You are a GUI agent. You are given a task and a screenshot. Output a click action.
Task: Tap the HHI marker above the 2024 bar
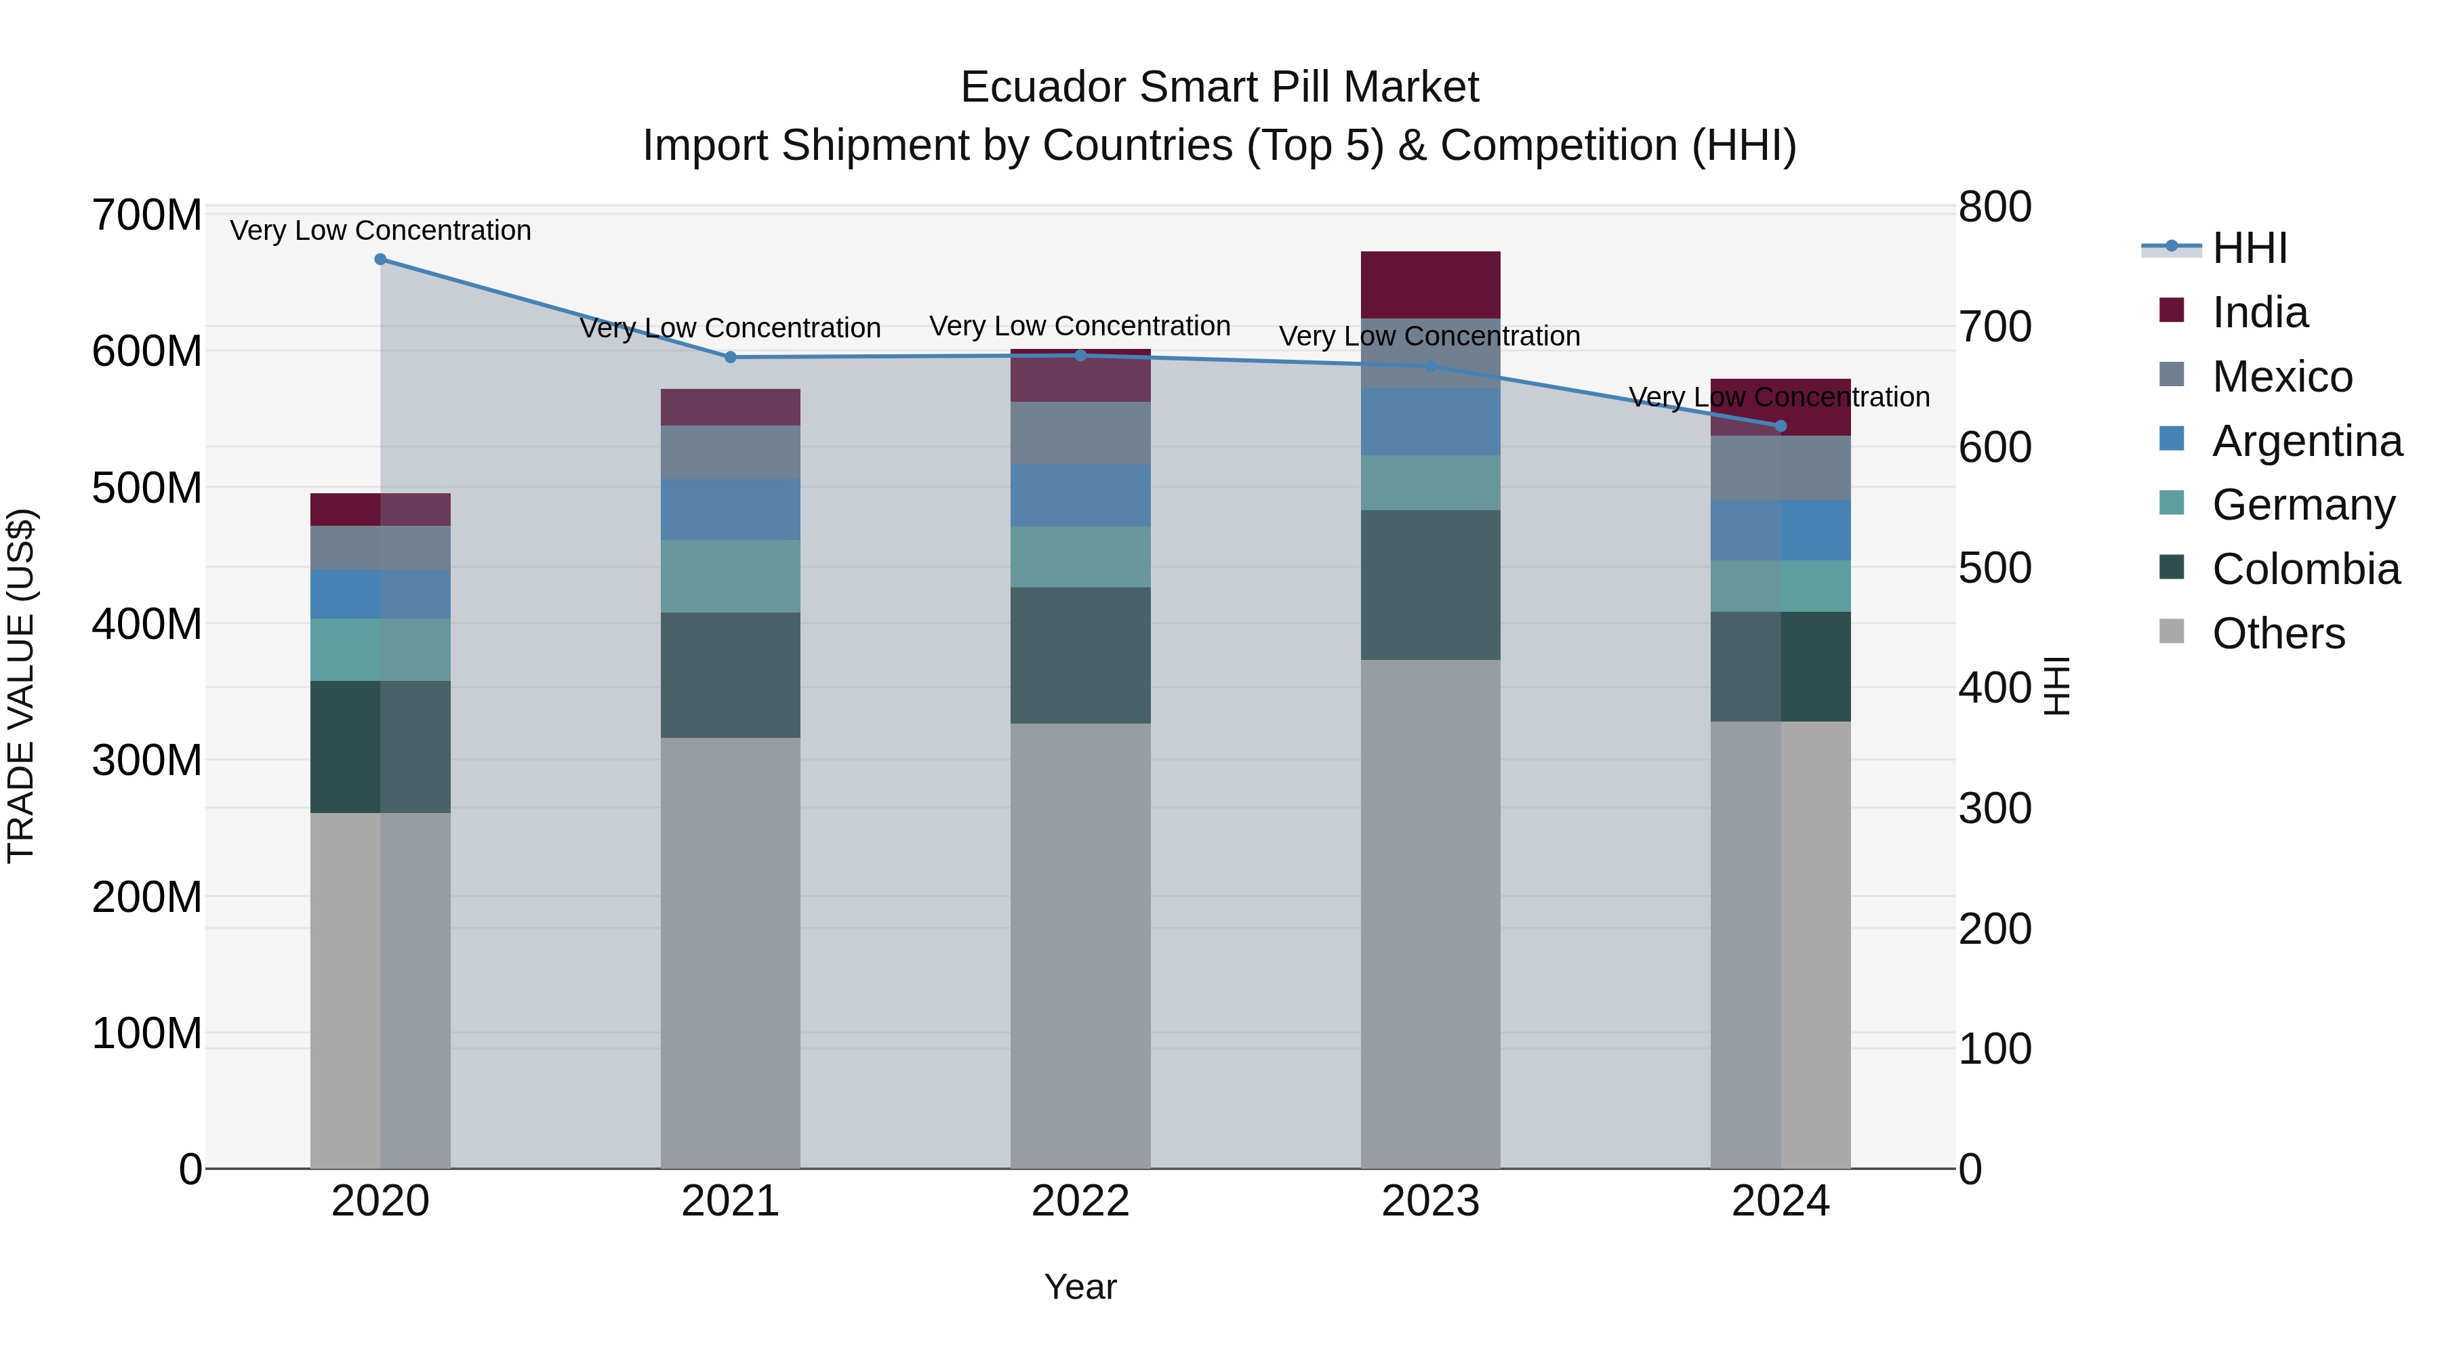point(1780,426)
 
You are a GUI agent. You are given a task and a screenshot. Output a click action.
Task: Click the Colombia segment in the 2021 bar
point(730,675)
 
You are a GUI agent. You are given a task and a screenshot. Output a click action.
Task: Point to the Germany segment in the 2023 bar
point(1430,483)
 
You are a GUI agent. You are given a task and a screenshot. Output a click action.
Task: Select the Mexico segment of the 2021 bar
point(730,452)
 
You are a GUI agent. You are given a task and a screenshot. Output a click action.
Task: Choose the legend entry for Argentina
point(2306,441)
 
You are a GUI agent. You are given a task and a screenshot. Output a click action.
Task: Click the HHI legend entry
point(2249,248)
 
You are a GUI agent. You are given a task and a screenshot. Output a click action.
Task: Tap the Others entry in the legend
point(2277,633)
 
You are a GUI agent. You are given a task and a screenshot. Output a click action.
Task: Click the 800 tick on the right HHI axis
point(1994,207)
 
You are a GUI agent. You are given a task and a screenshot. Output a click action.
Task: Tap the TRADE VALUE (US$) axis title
point(21,686)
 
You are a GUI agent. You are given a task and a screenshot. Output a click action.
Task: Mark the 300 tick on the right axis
point(1994,808)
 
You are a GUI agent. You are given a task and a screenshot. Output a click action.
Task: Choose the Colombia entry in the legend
point(2304,569)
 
